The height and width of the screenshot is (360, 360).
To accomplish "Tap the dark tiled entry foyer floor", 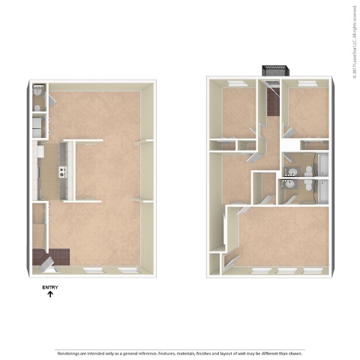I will (57, 256).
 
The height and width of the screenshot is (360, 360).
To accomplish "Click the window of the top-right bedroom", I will (306, 80).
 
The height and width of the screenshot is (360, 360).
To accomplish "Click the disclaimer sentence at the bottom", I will (180, 352).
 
